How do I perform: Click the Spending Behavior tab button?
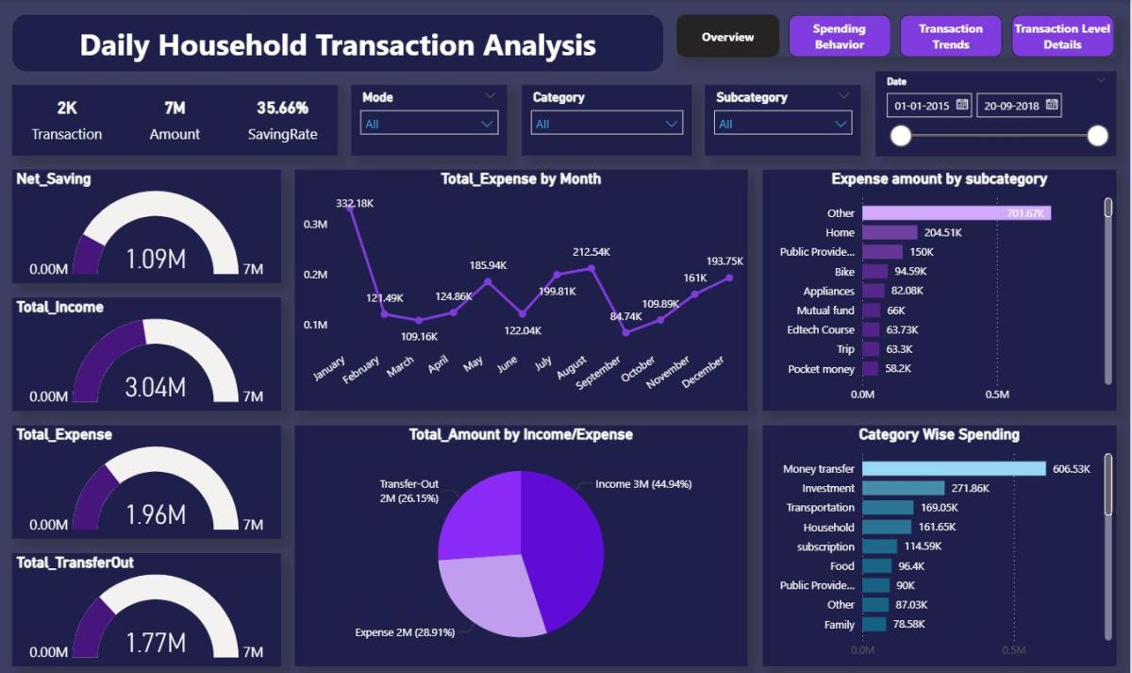click(x=840, y=36)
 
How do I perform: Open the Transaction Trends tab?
click(x=951, y=36)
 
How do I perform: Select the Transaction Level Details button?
click(x=1062, y=36)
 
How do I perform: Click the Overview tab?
click(x=727, y=37)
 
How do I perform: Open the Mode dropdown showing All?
click(x=429, y=124)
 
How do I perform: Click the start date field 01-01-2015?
click(x=929, y=106)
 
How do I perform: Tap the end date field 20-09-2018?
click(x=1019, y=106)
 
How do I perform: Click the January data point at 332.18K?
click(x=351, y=206)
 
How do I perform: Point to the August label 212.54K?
click(x=591, y=252)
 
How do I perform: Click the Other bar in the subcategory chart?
click(x=956, y=213)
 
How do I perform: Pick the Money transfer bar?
click(x=954, y=468)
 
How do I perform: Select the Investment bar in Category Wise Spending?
click(x=903, y=488)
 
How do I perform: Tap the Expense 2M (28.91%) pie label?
click(x=405, y=631)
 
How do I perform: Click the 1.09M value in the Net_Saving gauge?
click(x=156, y=259)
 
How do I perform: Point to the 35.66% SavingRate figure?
click(x=282, y=108)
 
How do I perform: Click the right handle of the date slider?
click(x=1097, y=136)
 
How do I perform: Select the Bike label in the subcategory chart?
click(x=843, y=272)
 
